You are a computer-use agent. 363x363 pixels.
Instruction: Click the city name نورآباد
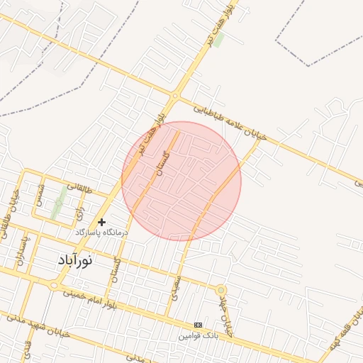(74, 260)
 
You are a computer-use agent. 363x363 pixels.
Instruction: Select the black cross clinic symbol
(102, 222)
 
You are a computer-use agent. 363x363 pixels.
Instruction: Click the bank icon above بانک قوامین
(198, 325)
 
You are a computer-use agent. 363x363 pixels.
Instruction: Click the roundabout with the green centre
(221, 290)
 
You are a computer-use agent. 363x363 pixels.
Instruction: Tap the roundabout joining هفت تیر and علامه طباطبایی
(174, 95)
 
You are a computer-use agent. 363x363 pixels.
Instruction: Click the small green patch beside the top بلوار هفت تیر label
(219, 40)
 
